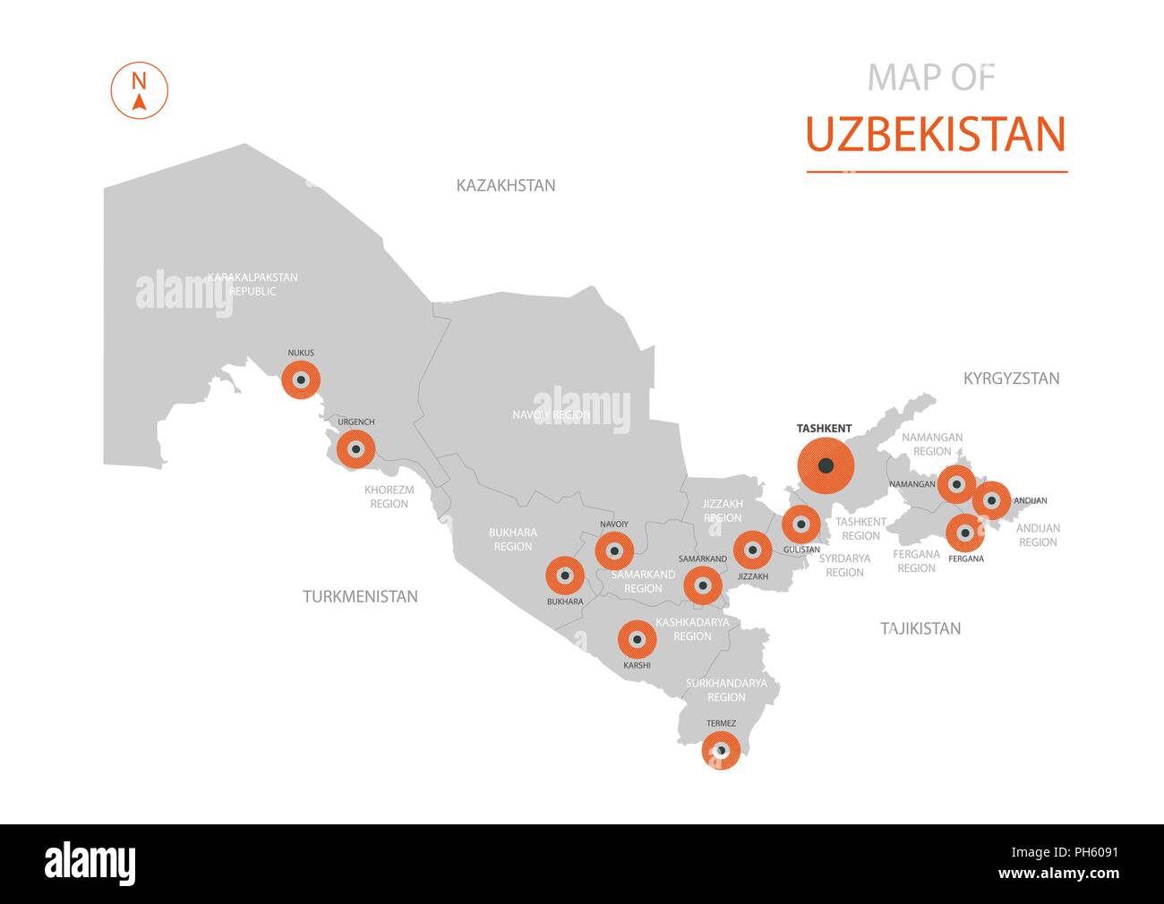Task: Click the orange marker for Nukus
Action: point(301,380)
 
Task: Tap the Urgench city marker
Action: point(356,449)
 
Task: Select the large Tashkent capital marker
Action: point(826,465)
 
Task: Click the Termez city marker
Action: point(721,751)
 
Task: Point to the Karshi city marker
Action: point(638,639)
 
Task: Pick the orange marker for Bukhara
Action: point(565,576)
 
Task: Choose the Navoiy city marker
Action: point(614,550)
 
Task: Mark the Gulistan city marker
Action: point(800,524)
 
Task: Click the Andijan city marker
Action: point(991,499)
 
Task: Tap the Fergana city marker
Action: point(965,533)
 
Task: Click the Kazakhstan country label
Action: point(506,185)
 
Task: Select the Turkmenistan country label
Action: point(360,596)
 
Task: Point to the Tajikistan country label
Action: point(920,628)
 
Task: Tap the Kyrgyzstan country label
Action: point(1011,379)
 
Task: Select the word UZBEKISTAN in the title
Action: point(936,134)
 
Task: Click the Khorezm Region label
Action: point(387,497)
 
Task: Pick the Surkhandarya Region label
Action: point(726,689)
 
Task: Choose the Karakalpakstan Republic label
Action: point(252,284)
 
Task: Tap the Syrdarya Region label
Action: point(844,565)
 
